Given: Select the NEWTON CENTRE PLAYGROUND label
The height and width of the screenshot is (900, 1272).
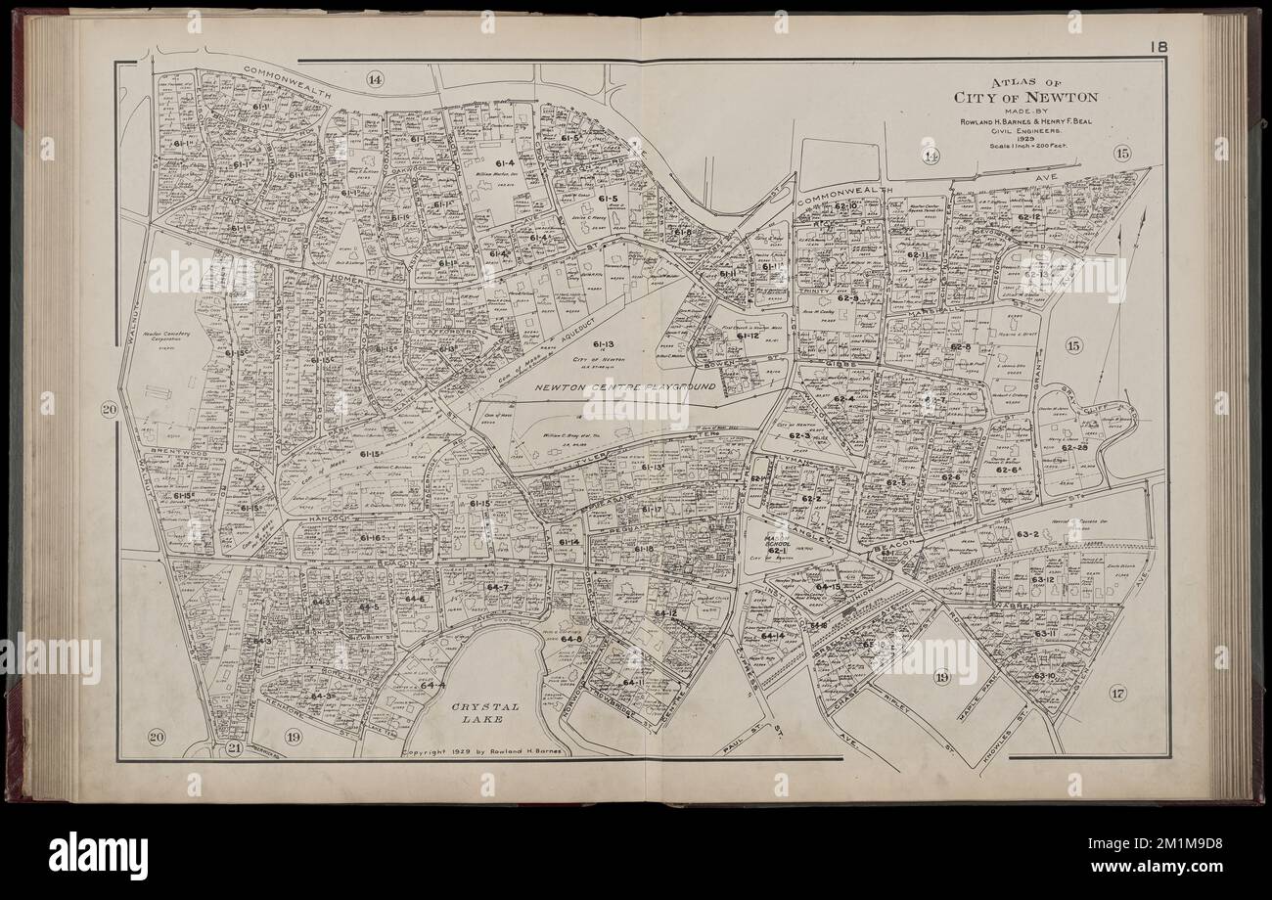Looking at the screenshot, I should (626, 388).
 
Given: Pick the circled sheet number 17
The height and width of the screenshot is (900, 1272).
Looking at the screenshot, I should (1117, 694).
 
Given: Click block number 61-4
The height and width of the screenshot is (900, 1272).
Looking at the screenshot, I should (504, 163).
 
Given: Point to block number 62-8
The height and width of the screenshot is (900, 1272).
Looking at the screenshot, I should (960, 347).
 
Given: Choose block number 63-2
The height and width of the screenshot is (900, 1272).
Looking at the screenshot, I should (1026, 535).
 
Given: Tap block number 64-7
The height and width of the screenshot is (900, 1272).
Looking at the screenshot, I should (497, 587).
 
